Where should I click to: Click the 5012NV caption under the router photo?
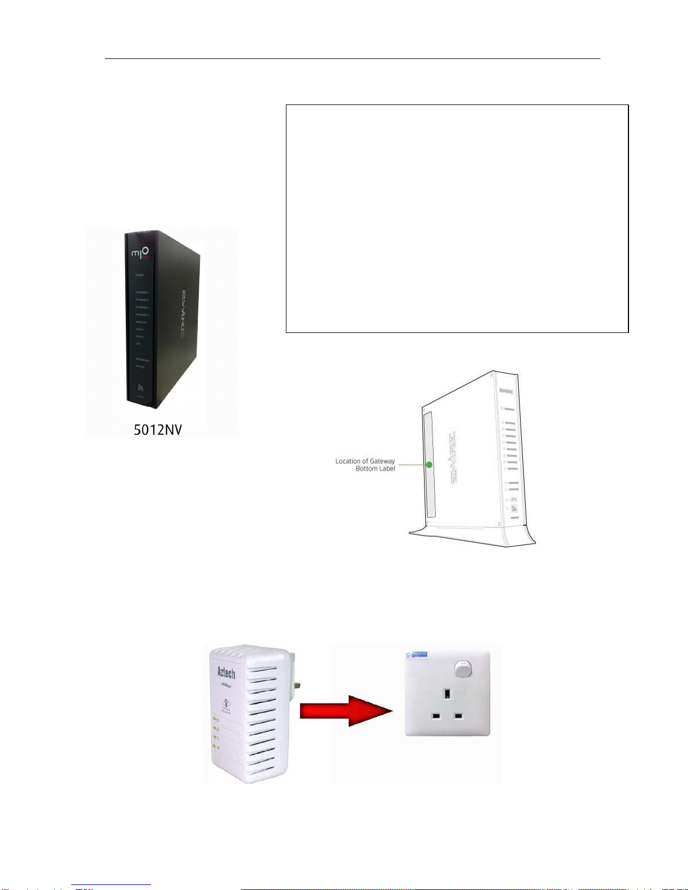pyautogui.click(x=158, y=430)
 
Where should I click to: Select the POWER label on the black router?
pyautogui.click(x=139, y=275)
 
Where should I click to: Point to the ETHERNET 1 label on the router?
pyautogui.click(x=142, y=293)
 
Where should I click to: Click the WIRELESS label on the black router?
pyautogui.click(x=141, y=322)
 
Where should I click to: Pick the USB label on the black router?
pyautogui.click(x=138, y=343)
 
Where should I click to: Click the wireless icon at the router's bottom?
pyautogui.click(x=141, y=387)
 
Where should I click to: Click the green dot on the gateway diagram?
pyautogui.click(x=429, y=465)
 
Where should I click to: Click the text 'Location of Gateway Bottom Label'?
pyautogui.click(x=365, y=465)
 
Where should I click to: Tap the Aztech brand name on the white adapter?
pyautogui.click(x=226, y=672)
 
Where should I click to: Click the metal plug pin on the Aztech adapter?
pyautogui.click(x=297, y=686)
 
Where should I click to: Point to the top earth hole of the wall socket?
pyautogui.click(x=446, y=694)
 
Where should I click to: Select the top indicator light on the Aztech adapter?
pyautogui.click(x=214, y=719)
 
